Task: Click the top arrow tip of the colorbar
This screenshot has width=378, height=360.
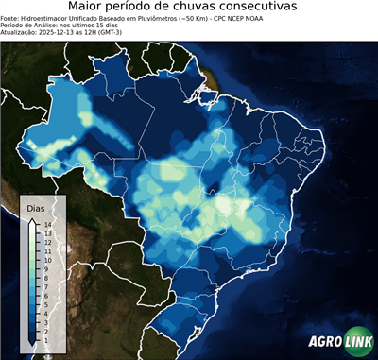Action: pos(33,219)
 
